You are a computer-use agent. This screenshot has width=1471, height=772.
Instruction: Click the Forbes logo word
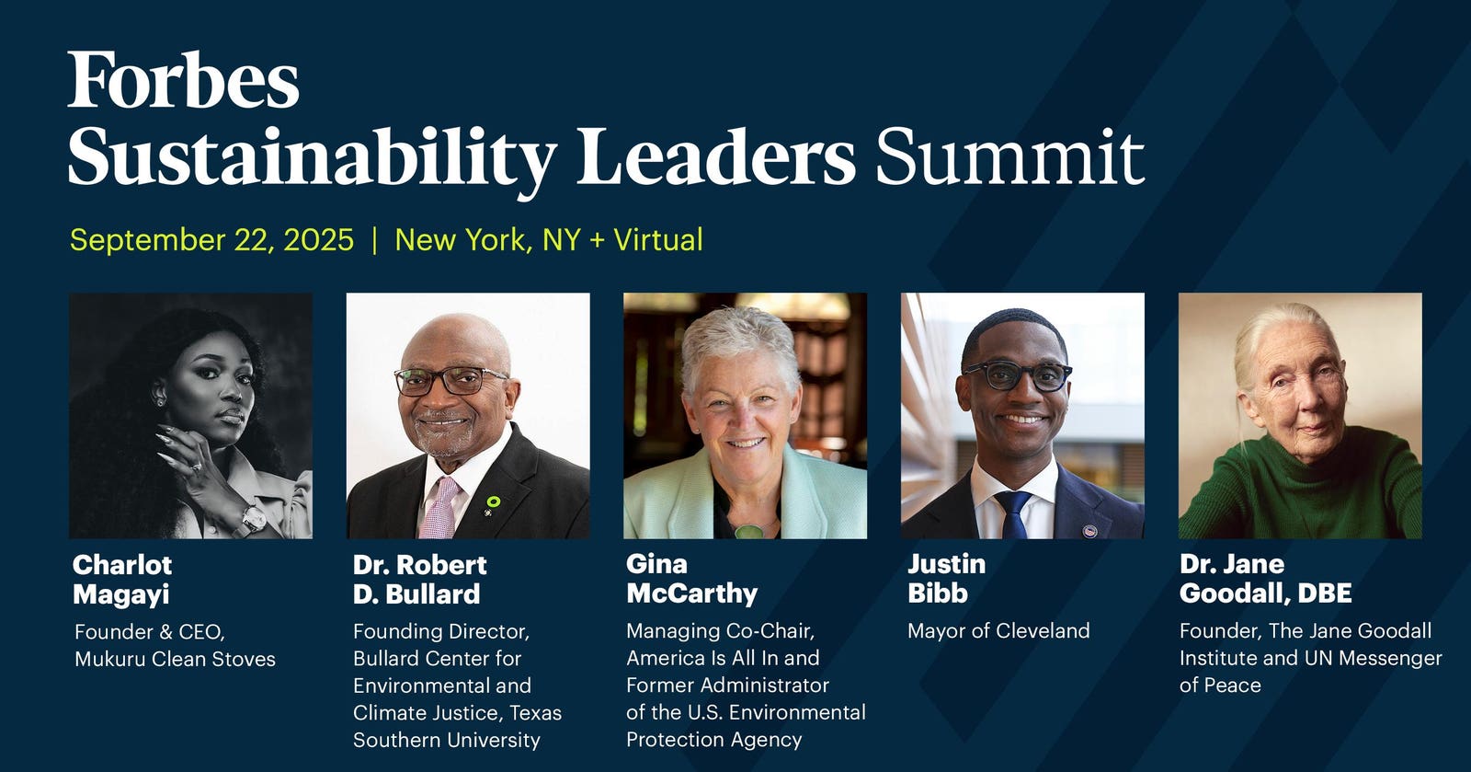[183, 79]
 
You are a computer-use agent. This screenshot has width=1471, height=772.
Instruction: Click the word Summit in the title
[1010, 157]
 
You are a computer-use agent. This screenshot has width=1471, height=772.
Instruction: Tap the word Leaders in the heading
[716, 156]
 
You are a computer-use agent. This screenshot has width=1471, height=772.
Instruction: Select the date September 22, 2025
[211, 240]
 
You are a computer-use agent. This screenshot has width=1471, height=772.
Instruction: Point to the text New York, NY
[488, 240]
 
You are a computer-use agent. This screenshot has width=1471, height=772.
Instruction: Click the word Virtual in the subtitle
[658, 239]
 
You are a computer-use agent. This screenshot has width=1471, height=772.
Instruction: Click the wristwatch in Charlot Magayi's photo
[254, 520]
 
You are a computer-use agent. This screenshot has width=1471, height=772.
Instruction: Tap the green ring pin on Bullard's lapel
[493, 502]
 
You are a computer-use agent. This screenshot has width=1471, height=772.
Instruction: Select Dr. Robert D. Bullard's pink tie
[439, 509]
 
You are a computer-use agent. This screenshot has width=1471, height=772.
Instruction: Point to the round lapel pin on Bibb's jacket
[1089, 530]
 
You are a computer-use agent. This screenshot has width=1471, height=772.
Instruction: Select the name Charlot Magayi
[122, 580]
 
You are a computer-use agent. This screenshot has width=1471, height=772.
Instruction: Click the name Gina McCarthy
[692, 579]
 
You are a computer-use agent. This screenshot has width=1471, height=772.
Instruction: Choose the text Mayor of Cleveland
[998, 630]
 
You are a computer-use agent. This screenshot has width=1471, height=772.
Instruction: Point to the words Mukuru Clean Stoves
[176, 659]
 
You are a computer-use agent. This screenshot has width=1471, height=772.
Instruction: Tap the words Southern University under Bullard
[447, 741]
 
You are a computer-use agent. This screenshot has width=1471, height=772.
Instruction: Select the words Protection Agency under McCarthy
[713, 740]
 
